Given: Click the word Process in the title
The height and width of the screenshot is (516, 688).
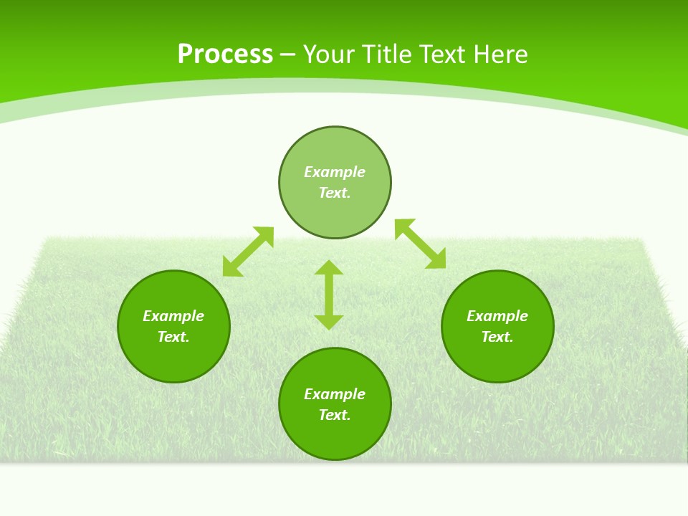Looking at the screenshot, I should (x=225, y=54).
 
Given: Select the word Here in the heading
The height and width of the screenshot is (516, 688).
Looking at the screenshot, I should (x=500, y=54).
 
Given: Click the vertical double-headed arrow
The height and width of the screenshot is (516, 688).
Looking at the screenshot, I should (x=329, y=295).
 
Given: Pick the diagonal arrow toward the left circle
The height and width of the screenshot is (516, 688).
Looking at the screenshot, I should (x=248, y=251).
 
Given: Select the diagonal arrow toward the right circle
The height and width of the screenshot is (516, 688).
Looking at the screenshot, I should (x=420, y=244).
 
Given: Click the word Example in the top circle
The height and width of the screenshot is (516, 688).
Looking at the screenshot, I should (x=335, y=172).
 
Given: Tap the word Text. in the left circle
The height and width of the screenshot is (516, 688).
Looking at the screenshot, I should (x=173, y=337).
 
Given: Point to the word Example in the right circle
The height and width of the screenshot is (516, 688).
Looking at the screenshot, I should (x=497, y=316).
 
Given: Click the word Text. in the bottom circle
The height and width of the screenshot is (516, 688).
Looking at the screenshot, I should (x=335, y=415).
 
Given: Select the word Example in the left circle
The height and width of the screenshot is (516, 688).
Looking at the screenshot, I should (x=173, y=316).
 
